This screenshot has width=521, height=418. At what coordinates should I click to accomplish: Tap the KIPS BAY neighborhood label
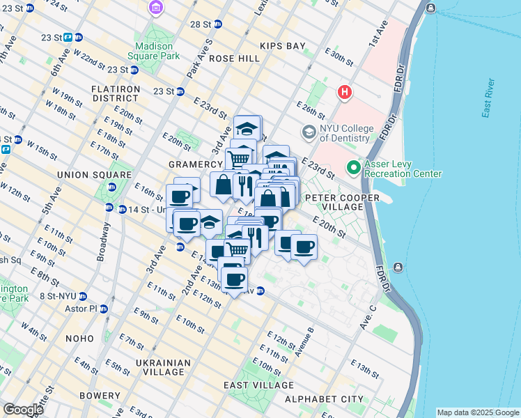click(x=282, y=46)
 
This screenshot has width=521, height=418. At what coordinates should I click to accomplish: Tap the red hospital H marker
click(x=343, y=92)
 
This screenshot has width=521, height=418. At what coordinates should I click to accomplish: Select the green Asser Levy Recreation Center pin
click(x=354, y=168)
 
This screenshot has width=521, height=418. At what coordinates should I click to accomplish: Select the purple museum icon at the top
click(x=157, y=8)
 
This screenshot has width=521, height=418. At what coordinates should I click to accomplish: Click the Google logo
click(x=22, y=410)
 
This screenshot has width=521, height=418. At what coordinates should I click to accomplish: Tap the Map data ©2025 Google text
click(x=478, y=412)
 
